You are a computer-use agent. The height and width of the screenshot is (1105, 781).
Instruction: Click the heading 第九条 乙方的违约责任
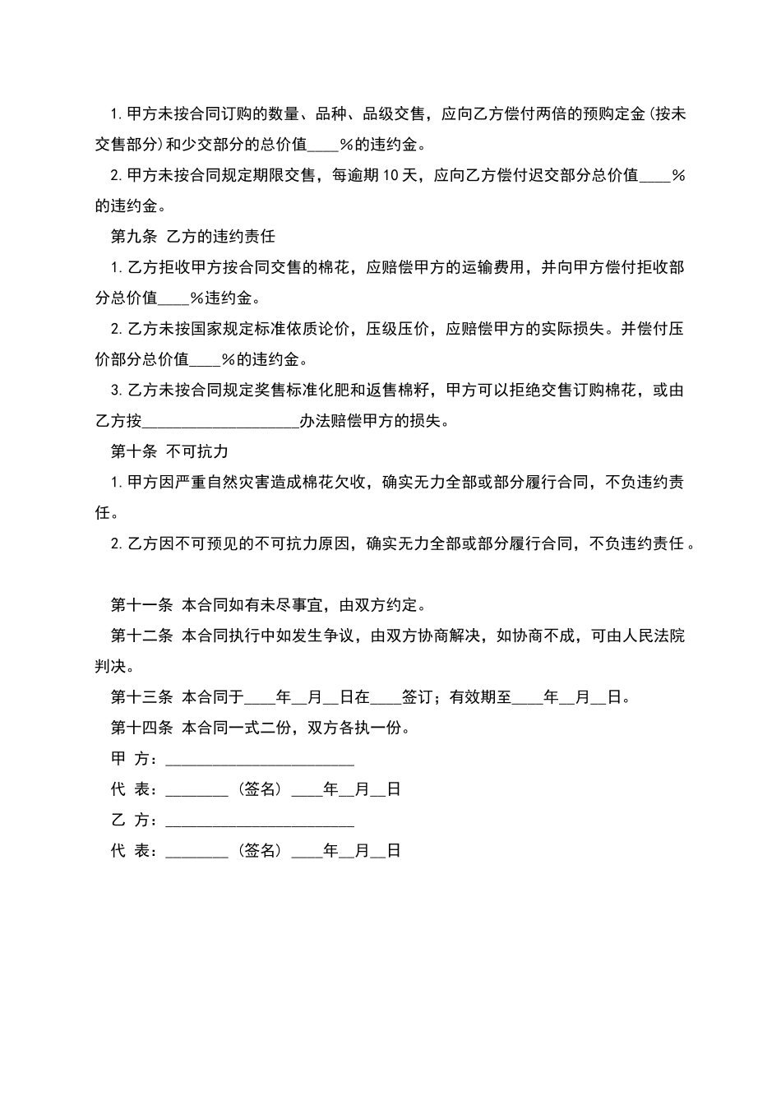coord(192,237)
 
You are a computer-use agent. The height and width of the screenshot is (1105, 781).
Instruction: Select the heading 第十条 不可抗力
coord(169,451)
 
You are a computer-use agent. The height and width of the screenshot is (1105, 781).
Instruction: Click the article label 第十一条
coord(141,605)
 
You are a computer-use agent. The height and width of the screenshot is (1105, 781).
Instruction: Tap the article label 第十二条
coord(141,636)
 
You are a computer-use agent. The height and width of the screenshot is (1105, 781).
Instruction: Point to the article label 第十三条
coord(141,697)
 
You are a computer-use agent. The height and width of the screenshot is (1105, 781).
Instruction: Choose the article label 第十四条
coord(141,728)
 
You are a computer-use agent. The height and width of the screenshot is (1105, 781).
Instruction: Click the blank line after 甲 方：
coord(260,760)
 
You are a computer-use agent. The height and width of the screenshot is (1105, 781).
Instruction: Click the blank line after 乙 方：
coord(260,821)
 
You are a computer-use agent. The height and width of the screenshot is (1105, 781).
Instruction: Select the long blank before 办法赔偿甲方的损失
coord(220,422)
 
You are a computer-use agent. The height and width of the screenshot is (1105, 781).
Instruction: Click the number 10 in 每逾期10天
coord(390,175)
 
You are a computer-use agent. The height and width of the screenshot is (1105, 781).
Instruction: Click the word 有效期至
coord(480,697)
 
